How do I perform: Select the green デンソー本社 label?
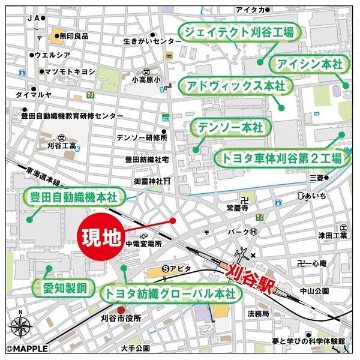tap(231, 128)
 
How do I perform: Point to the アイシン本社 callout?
tap(308, 64)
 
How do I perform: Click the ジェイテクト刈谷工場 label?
tap(239, 33)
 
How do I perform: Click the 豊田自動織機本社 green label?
tap(73, 196)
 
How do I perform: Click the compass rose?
tap(21, 328)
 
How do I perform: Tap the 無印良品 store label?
tap(74, 36)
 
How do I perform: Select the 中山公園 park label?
tap(313, 291)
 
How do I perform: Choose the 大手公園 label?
tap(134, 348)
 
